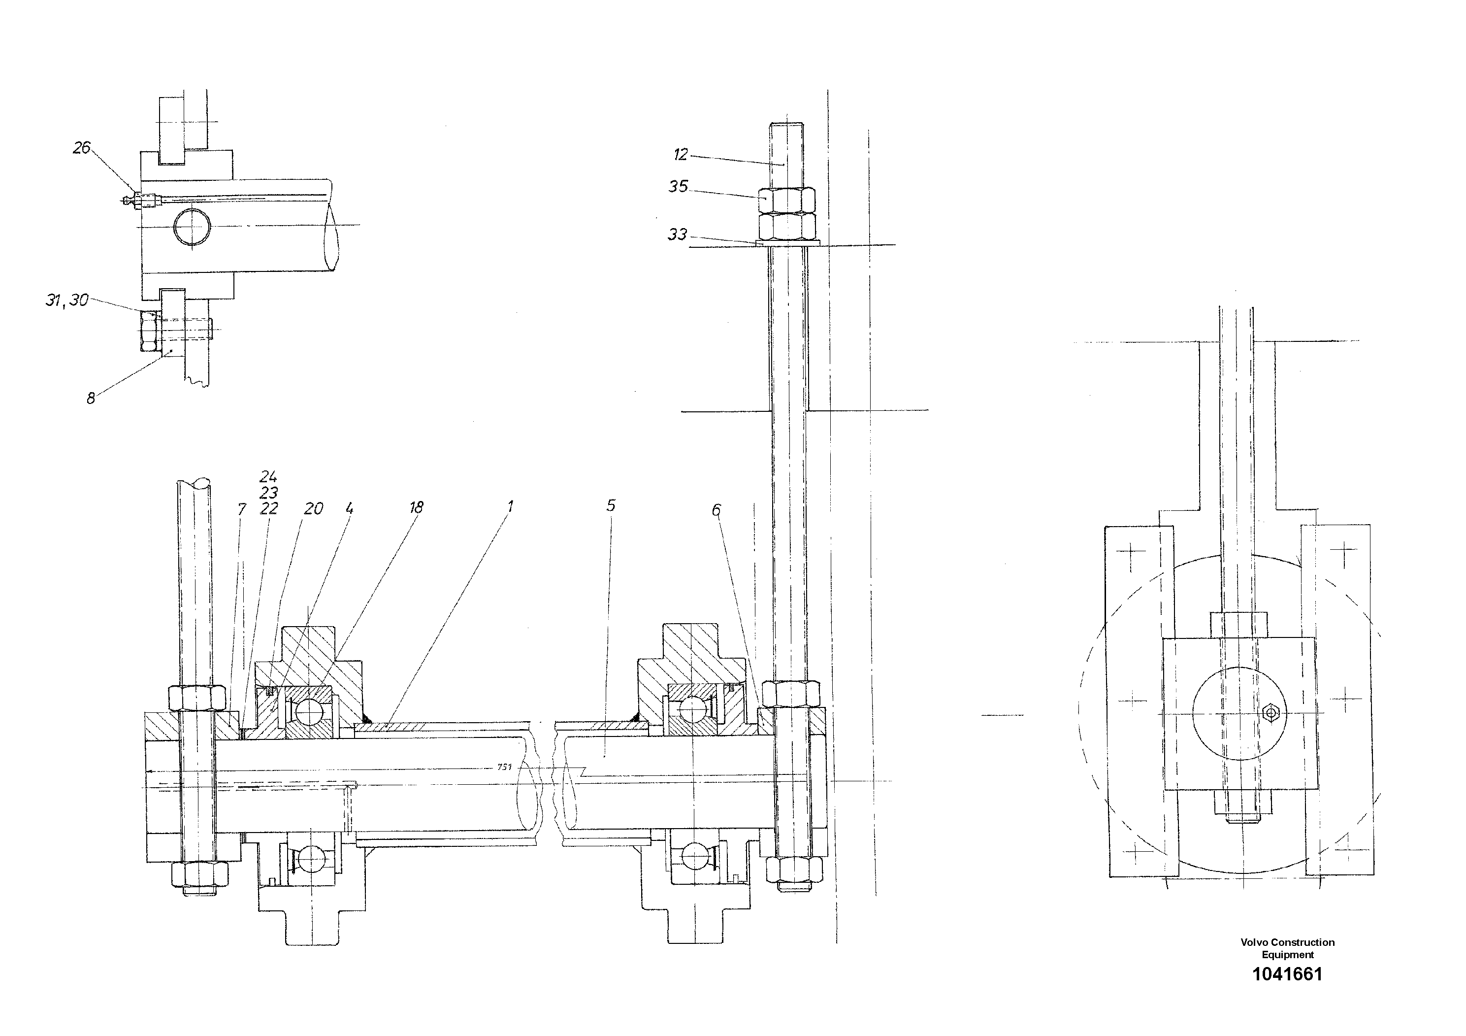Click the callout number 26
[x=82, y=148]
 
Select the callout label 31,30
[x=67, y=300]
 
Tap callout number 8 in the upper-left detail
[x=91, y=399]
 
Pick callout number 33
[x=678, y=234]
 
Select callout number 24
[x=268, y=476]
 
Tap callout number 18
[x=416, y=507]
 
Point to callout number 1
[x=510, y=506]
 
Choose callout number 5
[x=611, y=505]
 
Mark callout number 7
[x=241, y=509]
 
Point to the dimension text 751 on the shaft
[x=504, y=767]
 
